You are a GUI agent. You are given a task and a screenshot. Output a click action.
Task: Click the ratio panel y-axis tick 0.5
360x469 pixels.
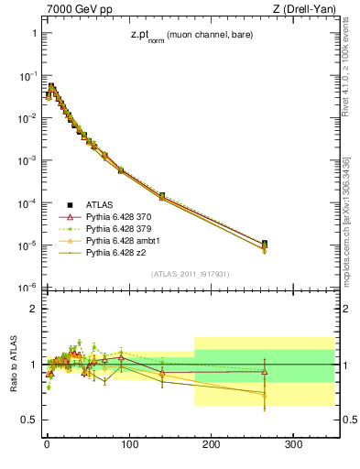tap(27, 420)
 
